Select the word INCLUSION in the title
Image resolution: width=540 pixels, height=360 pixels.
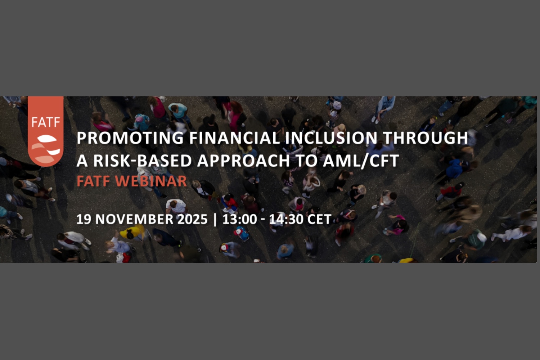tap(331, 138)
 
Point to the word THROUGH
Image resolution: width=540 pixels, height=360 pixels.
tap(425, 138)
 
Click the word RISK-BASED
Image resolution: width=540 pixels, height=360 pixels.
tap(143, 161)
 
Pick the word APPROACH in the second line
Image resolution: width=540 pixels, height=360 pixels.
tap(243, 161)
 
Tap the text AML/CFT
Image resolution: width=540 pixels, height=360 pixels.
tap(361, 161)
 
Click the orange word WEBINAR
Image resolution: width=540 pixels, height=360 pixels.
tap(151, 181)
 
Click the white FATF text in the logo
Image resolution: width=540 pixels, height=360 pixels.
tap(46, 122)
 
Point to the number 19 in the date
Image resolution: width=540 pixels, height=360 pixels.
tap(84, 219)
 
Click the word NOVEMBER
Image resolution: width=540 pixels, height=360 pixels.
tap(134, 219)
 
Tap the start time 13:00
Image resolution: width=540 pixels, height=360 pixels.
tap(239, 219)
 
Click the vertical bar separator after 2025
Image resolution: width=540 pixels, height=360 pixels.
tap(215, 219)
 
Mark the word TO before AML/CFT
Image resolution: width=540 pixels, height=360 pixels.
tap(306, 161)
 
